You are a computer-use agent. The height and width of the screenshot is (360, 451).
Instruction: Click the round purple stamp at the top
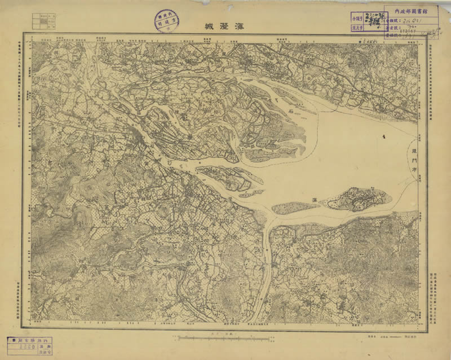[x=163, y=20]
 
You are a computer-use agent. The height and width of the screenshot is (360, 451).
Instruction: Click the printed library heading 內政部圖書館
[x=409, y=10]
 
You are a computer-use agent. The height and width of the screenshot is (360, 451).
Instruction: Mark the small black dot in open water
[x=384, y=137]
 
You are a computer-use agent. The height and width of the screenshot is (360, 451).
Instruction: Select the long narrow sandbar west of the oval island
[x=296, y=208]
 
